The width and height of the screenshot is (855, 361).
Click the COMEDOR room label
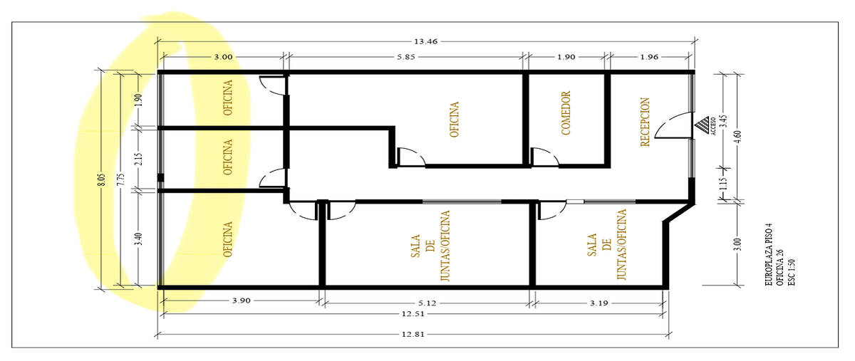tap(566, 113)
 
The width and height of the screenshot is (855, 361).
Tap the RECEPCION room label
tap(645, 122)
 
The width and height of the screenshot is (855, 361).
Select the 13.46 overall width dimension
tap(425, 41)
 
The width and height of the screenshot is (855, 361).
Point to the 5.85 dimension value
tap(405, 57)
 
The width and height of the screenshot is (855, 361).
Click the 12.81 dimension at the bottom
tap(413, 334)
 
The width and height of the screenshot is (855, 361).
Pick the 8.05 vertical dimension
tap(101, 179)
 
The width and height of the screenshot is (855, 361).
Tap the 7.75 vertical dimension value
tap(121, 179)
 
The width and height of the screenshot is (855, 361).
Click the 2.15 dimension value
tap(139, 159)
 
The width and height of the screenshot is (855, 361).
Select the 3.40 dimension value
tap(139, 239)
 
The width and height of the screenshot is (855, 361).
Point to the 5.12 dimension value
tap(427, 303)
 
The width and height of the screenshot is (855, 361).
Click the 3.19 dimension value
tap(599, 303)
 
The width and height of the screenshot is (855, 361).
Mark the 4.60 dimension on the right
tap(738, 137)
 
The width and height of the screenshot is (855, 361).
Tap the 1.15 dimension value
tap(724, 184)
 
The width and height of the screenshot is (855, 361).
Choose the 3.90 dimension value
tap(242, 300)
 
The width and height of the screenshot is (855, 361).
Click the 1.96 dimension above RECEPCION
tap(649, 57)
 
